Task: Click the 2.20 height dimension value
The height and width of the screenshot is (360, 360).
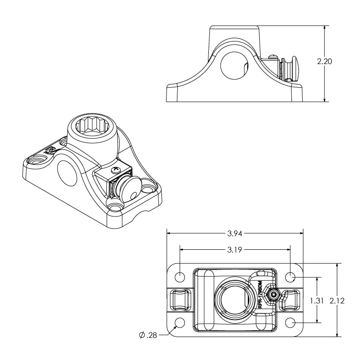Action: tap(324, 62)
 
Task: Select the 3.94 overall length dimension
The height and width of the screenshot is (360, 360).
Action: tap(234, 233)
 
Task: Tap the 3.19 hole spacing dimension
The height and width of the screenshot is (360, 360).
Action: tap(234, 249)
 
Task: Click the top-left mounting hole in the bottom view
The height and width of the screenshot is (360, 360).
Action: tap(180, 276)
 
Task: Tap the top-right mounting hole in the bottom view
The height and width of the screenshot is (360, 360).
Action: tap(290, 276)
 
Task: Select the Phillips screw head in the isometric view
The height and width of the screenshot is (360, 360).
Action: tap(116, 170)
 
